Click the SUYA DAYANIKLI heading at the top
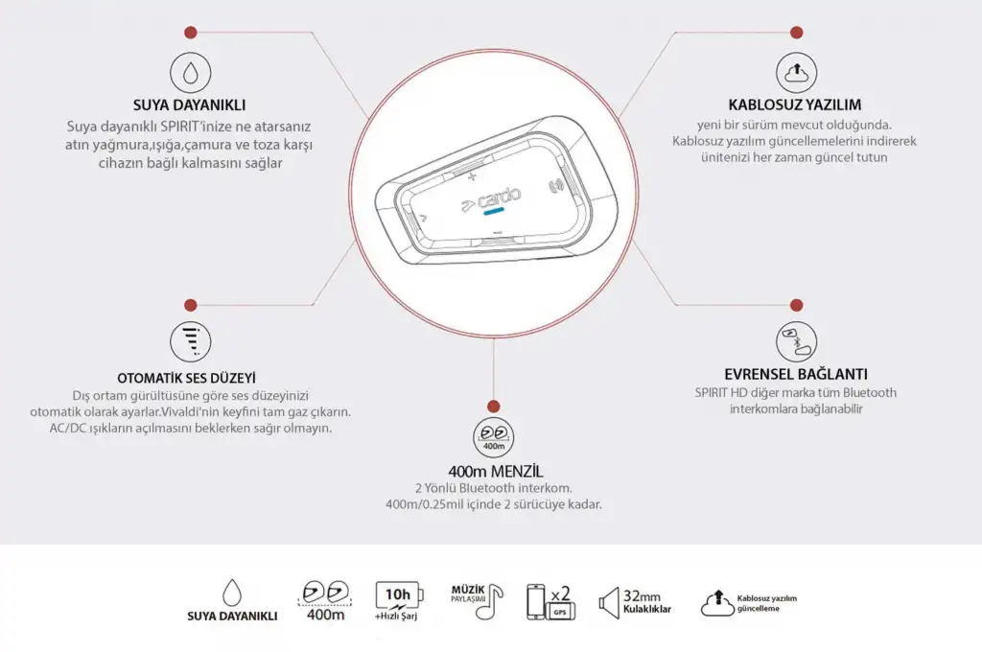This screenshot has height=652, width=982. (189, 105)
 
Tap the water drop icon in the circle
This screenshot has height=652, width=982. (191, 72)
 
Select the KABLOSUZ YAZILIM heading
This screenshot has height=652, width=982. (794, 105)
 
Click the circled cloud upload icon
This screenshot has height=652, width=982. (796, 72)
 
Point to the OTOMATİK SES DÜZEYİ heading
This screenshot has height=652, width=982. (187, 378)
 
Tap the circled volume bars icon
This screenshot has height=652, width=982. (191, 341)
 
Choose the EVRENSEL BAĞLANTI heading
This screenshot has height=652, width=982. (795, 374)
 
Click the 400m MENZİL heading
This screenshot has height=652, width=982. (496, 471)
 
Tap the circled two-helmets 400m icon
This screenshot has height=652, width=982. (494, 437)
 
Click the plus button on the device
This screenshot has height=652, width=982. (472, 176)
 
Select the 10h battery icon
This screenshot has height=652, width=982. (399, 595)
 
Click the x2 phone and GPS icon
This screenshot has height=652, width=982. (550, 602)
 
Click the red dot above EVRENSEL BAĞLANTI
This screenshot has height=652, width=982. (796, 305)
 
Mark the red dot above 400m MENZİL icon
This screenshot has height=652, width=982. (494, 407)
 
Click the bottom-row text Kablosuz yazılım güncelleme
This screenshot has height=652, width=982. (766, 603)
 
